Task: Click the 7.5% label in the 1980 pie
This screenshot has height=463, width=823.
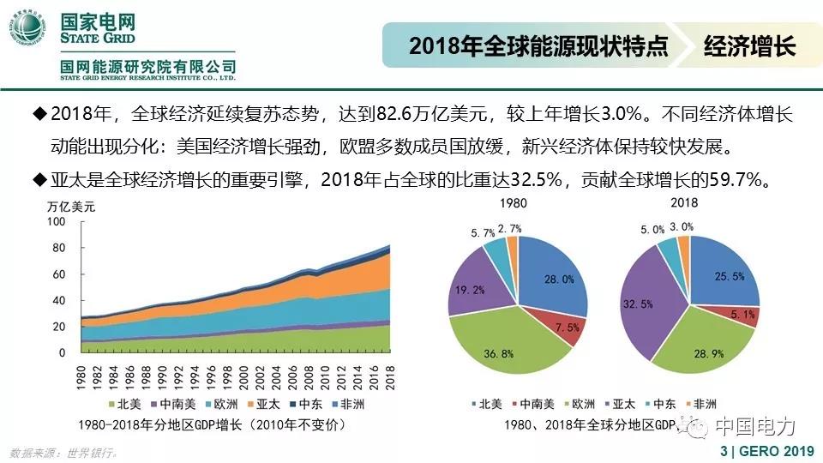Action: [x=565, y=327]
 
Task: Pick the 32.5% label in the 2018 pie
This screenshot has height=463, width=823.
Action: [x=641, y=303]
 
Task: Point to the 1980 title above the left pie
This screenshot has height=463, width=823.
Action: [x=516, y=203]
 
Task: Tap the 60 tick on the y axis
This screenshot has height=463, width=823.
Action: [x=59, y=274]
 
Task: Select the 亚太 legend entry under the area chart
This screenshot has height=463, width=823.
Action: [x=259, y=404]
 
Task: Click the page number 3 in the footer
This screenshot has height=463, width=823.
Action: [x=724, y=451]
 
